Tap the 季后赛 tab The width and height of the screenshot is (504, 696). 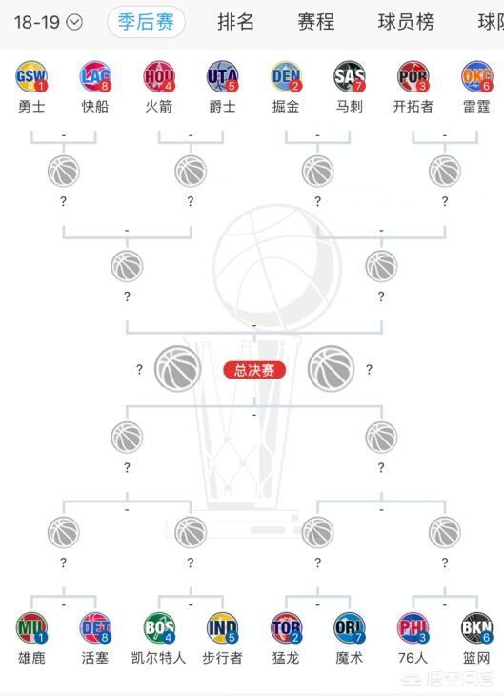point(146,22)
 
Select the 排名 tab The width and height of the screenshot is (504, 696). point(235,22)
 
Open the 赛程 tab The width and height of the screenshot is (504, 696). point(316,22)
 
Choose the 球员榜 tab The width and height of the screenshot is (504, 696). point(406,22)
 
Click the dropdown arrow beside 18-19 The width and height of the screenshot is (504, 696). point(74,22)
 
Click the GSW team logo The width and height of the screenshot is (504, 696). point(31,76)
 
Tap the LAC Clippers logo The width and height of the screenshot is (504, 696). point(95,76)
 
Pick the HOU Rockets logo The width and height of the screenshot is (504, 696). point(159,76)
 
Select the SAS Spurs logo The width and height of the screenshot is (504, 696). point(350,76)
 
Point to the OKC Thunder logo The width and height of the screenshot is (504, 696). point(477,76)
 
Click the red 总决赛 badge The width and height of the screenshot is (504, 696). point(254,370)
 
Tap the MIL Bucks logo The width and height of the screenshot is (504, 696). point(31,628)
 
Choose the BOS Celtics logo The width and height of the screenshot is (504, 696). point(159,628)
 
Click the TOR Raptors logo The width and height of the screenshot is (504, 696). point(286,628)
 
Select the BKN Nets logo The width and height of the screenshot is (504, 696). point(477,628)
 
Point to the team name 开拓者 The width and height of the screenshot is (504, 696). point(413,107)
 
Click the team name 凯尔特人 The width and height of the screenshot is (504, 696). point(159,658)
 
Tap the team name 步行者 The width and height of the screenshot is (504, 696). point(222,658)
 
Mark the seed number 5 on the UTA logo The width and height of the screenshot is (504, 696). point(232,86)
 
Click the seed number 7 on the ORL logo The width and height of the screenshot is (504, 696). point(358,638)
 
